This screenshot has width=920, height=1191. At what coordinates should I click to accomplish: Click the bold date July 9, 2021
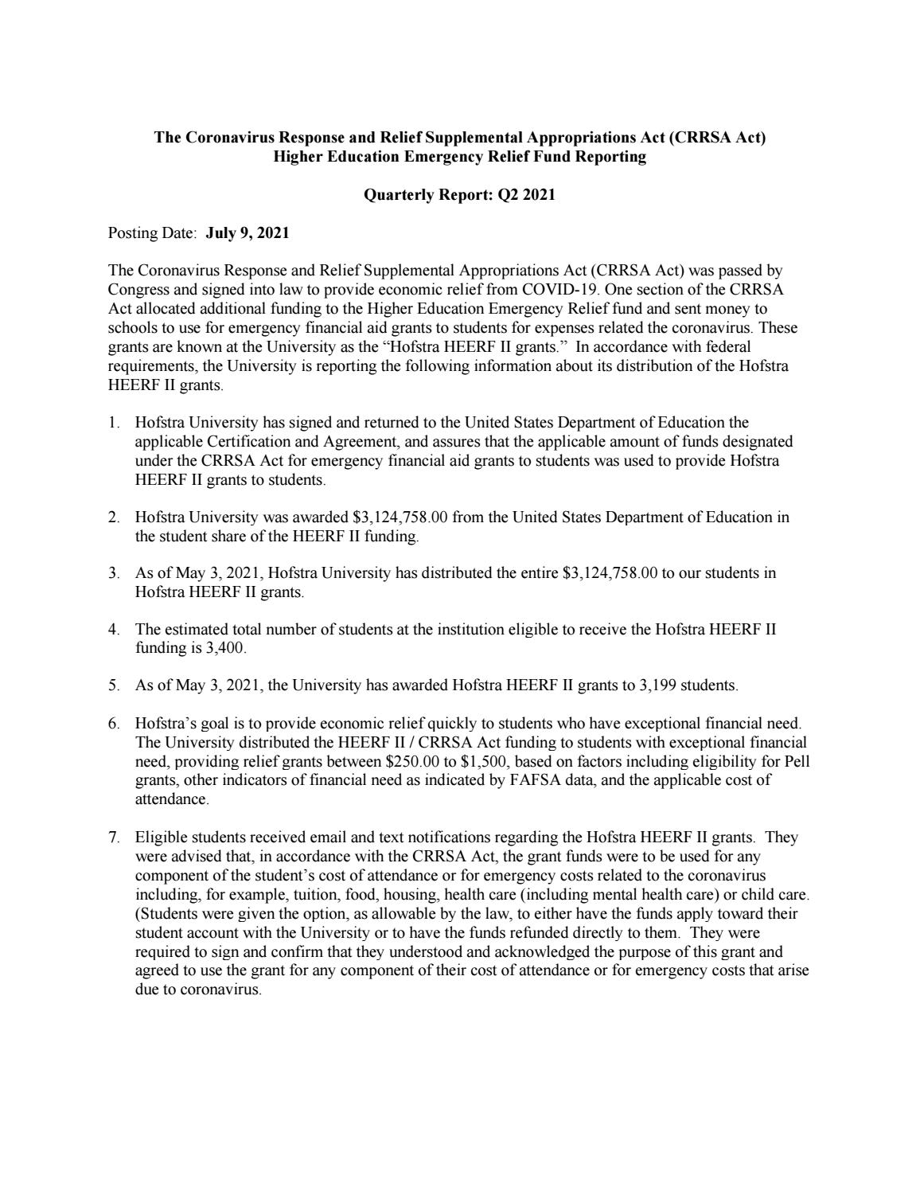coord(247,233)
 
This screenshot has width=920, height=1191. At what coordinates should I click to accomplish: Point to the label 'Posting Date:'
coord(152,233)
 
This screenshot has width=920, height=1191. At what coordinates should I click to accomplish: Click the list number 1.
coord(113,423)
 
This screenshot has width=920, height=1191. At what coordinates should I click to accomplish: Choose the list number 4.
coord(113,630)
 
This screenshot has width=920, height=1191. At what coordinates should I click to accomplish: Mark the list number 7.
coord(113,838)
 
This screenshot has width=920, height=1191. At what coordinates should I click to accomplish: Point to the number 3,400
coord(225,649)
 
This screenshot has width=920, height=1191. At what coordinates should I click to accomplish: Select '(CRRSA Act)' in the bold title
coord(717,138)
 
